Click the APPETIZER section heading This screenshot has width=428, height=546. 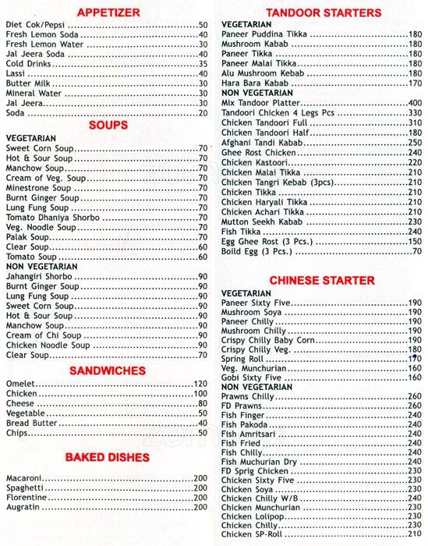pyautogui.click(x=114, y=12)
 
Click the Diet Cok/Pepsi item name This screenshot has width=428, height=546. pyautogui.click(x=37, y=26)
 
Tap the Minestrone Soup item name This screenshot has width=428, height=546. pyautogui.click(x=37, y=188)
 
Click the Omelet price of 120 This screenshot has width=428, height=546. pyautogui.click(x=200, y=384)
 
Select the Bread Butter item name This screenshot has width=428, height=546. pyautogui.click(x=30, y=422)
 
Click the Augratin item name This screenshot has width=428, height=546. pyautogui.click(x=24, y=507)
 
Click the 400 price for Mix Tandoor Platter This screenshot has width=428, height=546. pyautogui.click(x=414, y=103)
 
